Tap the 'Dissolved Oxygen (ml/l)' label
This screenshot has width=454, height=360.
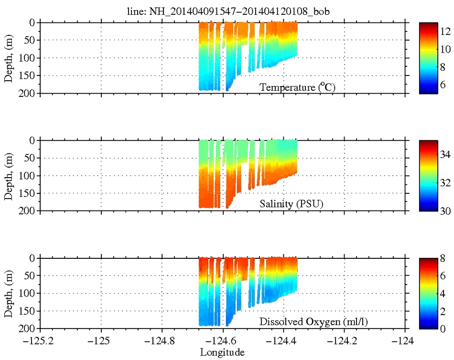[313, 322]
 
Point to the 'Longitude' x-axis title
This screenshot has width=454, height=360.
[223, 353]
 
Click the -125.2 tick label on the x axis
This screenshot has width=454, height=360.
[40, 341]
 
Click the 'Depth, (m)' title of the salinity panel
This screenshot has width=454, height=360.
[9, 175]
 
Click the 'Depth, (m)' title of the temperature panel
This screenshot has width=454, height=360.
[9, 58]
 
